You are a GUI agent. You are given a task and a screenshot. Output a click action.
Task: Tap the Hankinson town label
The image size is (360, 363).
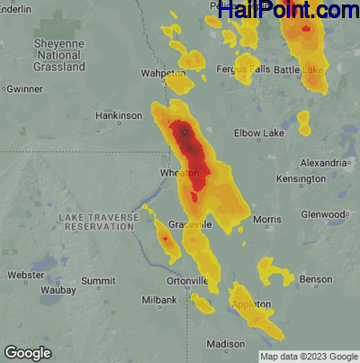pos(119,116)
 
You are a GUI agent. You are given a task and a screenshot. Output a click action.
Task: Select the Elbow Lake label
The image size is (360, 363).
pos(259,132)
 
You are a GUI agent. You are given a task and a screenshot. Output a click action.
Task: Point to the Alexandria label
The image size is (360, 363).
pos(323,162)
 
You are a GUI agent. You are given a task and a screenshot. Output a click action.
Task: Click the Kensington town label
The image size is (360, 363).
pos(301,179)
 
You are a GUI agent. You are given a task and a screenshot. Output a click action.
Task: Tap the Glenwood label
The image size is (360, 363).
pos(322,214)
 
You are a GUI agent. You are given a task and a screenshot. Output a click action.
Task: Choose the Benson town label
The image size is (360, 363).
pos(316,280)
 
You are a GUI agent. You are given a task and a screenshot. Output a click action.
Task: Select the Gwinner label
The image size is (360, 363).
pos(23,89)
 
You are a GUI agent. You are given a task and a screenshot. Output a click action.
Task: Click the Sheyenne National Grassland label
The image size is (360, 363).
pos(58,55)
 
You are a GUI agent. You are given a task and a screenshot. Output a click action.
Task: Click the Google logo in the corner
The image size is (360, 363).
pos(27,352)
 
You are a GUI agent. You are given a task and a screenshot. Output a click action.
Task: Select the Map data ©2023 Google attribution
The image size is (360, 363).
pos(308,356)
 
